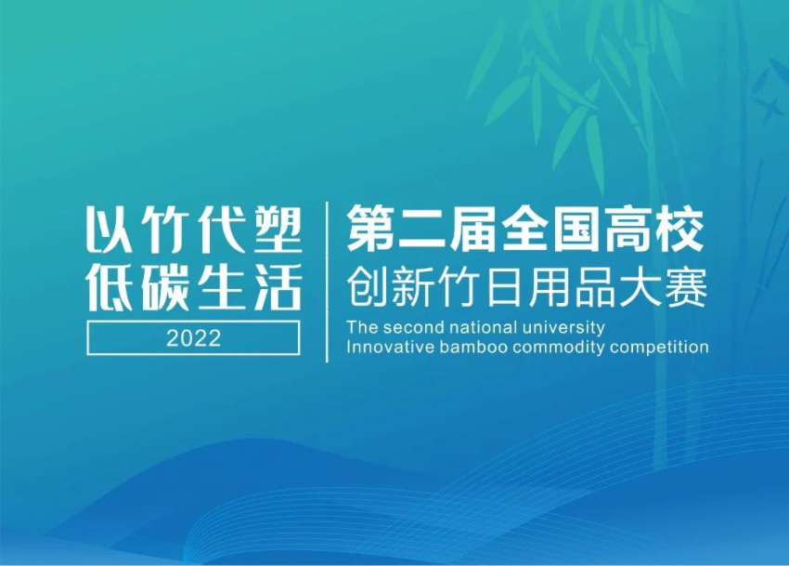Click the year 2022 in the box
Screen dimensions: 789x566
(x=193, y=338)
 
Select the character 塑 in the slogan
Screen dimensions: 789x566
(x=278, y=230)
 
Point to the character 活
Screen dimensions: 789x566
(x=278, y=286)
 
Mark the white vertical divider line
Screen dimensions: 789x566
(x=327, y=282)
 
